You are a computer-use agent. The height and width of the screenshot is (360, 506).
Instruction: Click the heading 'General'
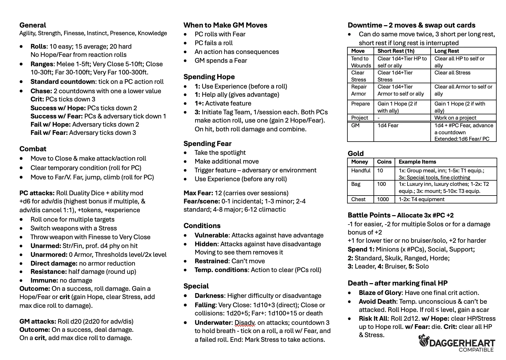(33, 25)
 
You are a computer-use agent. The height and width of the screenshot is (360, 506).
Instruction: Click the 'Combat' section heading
(33, 149)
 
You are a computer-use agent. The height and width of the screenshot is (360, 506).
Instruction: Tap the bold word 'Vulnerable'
(211, 235)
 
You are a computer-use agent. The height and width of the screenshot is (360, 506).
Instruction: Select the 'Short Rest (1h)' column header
(396, 51)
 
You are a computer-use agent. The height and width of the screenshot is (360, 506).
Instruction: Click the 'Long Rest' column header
(446, 51)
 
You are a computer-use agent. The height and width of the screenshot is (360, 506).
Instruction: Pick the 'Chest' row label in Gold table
(358, 199)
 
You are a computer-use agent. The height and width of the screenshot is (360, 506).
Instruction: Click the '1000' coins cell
(383, 199)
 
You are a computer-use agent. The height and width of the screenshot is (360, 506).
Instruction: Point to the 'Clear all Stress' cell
(452, 73)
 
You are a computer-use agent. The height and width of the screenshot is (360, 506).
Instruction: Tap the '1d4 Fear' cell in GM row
(388, 125)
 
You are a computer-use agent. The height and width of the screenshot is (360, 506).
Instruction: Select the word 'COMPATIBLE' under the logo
(476, 350)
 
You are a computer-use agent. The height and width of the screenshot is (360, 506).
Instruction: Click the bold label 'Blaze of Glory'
(380, 293)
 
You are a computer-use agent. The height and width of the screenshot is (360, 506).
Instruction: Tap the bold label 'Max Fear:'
(198, 193)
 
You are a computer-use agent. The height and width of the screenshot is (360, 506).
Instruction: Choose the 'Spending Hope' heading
(209, 77)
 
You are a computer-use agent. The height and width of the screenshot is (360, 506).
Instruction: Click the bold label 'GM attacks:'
(38, 322)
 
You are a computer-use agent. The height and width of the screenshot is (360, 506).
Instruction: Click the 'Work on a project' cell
(455, 118)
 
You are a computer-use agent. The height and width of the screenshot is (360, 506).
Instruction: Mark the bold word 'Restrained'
(211, 261)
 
